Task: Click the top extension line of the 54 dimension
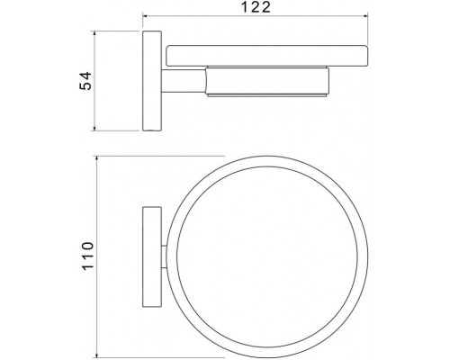(121, 33)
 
